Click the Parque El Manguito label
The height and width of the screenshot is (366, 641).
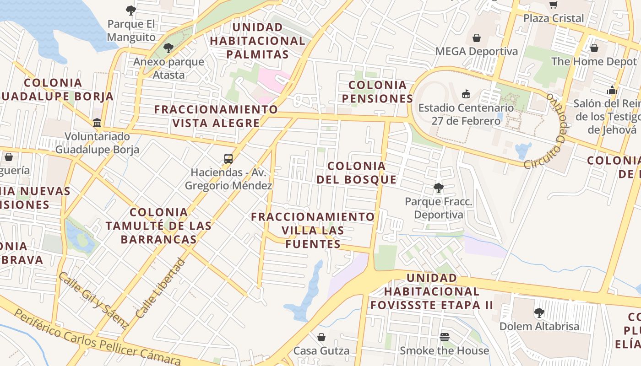[131, 31]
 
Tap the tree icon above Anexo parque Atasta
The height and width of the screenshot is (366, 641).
[168, 48]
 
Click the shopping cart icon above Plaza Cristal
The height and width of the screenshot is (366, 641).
[554, 5]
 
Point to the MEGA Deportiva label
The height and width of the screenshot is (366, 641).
[476, 51]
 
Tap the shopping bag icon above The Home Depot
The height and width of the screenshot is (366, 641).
[594, 48]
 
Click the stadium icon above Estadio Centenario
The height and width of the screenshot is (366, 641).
[466, 94]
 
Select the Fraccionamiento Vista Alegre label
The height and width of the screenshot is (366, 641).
[216, 116]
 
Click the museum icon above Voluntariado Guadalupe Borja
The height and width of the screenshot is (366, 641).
[97, 123]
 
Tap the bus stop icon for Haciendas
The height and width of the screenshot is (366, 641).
[228, 159]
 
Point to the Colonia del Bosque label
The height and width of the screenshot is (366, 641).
[357, 172]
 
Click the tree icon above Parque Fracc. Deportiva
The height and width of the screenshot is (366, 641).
[439, 188]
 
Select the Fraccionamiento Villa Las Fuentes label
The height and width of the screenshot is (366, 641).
[313, 230]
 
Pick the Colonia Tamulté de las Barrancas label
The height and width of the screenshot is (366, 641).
[158, 226]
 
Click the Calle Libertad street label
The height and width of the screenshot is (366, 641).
[161, 289]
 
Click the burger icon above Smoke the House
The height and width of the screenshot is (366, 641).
[444, 337]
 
